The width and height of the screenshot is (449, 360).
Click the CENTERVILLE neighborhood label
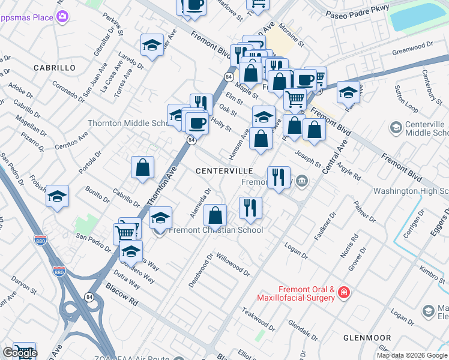click(224, 171)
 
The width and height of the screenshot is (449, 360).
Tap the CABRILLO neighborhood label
click(55, 68)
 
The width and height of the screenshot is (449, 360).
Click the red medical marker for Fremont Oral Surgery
click(344, 293)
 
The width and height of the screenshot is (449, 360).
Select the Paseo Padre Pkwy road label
click(357, 10)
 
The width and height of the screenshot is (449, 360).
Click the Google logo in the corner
click(20, 353)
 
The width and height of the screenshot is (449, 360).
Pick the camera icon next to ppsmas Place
click(62, 17)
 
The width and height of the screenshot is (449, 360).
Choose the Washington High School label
click(411, 191)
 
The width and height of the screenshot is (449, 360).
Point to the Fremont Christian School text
click(216, 230)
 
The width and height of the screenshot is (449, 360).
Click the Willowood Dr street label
click(233, 263)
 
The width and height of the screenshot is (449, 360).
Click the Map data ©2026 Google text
click(412, 355)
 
